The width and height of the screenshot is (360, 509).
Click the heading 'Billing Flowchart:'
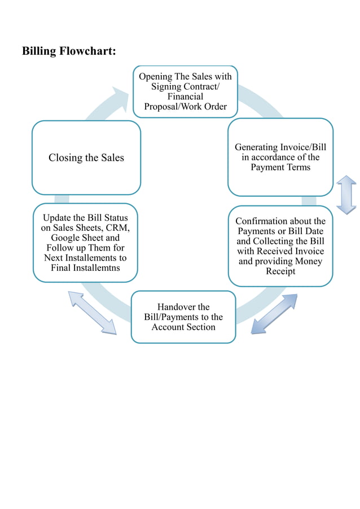coord(69,51)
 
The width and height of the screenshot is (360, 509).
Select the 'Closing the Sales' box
coord(86,157)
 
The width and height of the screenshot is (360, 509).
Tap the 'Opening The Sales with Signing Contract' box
coord(185,91)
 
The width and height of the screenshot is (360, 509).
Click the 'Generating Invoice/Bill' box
coord(280,157)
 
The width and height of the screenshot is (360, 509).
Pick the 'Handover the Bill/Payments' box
coord(183,317)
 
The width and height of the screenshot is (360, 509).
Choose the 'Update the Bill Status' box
coord(85,243)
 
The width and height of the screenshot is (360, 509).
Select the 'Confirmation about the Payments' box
coord(280,246)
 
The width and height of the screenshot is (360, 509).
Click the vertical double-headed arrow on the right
coord(346,195)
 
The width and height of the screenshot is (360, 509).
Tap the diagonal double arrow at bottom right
coord(274,313)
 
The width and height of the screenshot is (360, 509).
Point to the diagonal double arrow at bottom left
coord(92,312)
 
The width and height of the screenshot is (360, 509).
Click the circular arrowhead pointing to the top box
coord(121,98)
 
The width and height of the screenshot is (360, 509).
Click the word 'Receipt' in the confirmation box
coord(280,271)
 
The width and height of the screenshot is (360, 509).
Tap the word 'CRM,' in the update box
coord(118,227)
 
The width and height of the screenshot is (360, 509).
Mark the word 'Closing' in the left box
coord(65,157)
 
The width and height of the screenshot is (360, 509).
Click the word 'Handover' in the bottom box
coord(175,306)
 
